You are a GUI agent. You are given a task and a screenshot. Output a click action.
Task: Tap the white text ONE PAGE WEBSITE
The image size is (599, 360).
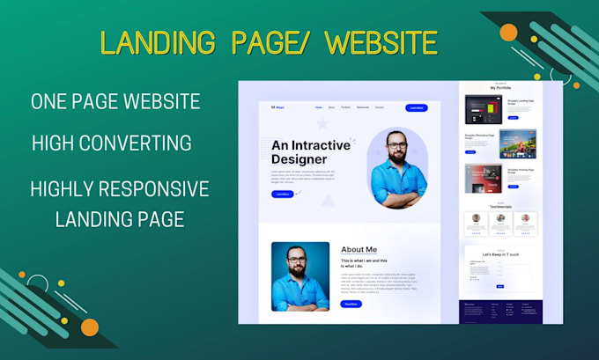[115, 101]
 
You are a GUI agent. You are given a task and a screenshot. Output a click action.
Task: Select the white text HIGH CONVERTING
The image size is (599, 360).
[111, 142]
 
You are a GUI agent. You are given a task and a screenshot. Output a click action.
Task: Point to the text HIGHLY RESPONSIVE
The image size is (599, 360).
[119, 188]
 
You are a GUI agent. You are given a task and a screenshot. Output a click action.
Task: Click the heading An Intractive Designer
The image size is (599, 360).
[311, 151]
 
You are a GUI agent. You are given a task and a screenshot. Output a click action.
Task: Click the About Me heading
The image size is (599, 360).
[359, 249]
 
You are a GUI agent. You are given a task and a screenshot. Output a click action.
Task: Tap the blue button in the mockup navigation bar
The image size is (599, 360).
[417, 107]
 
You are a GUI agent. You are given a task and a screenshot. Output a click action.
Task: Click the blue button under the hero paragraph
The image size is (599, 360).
[283, 194]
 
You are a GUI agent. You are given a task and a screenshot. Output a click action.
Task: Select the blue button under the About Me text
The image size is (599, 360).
[351, 304]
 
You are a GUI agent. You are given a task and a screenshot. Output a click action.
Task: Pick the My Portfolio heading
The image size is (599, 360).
[501, 88]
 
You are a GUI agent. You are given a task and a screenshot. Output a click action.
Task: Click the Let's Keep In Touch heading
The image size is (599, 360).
[499, 254]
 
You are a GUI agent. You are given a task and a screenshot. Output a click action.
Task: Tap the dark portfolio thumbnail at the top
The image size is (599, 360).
[483, 109]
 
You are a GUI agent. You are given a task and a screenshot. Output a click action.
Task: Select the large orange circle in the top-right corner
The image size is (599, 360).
[508, 33]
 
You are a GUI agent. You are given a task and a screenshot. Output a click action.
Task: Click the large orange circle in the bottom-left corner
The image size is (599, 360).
[90, 327]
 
